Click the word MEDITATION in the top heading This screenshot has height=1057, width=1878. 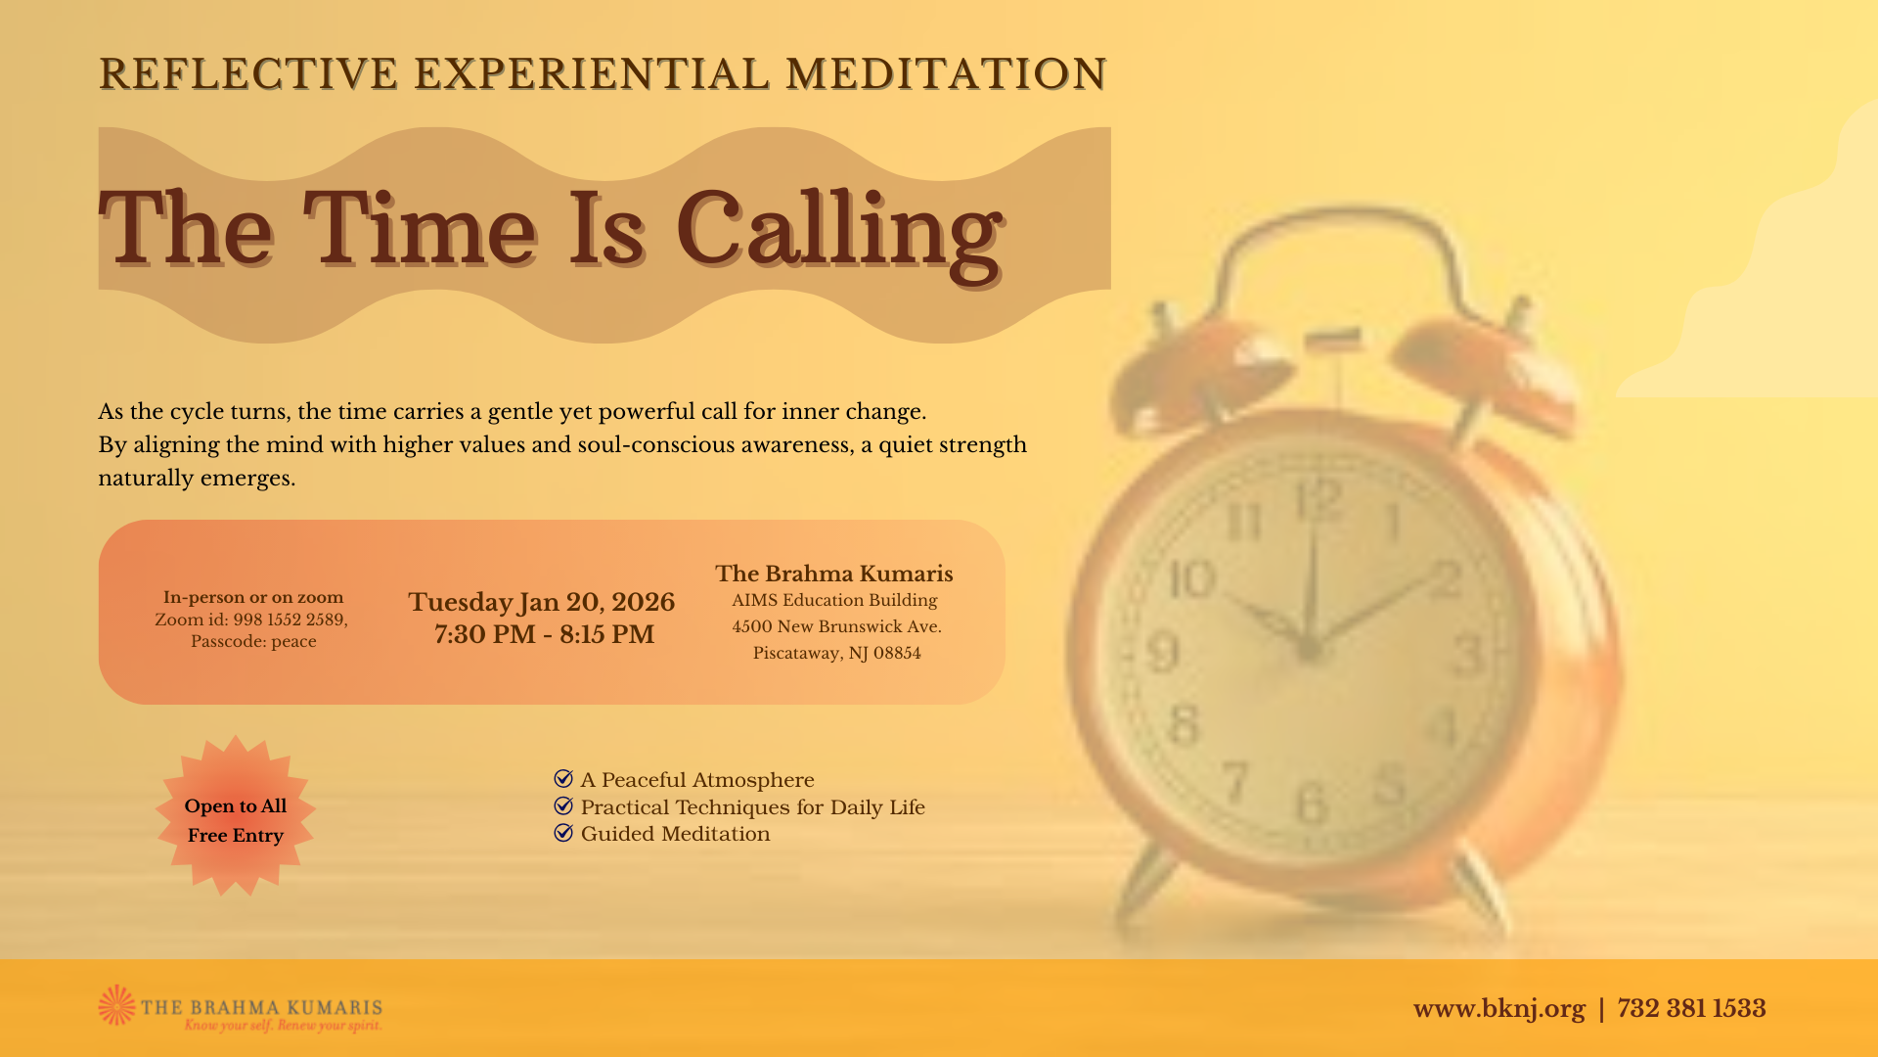coord(946,74)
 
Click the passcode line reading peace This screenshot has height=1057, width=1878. coord(253,642)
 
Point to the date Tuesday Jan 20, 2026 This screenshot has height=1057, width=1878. coord(541,602)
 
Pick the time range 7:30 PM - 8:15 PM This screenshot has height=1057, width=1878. coord(544,634)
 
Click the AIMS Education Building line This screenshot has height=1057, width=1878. coord(834,601)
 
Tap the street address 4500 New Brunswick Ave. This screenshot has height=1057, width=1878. coord(836,627)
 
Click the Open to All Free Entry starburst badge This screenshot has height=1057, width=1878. coord(236,816)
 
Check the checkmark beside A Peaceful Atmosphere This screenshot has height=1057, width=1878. coord(563,778)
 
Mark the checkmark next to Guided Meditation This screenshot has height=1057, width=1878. coord(563,832)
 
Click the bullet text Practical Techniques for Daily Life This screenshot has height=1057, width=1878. coord(752,807)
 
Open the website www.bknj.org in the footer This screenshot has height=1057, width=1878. coord(1498,1009)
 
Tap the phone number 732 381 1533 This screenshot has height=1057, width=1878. coord(1691,1008)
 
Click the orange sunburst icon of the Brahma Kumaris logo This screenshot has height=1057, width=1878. coord(117,1005)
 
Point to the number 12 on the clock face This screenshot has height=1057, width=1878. coord(1319,501)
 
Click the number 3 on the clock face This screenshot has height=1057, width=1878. coord(1467,655)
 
